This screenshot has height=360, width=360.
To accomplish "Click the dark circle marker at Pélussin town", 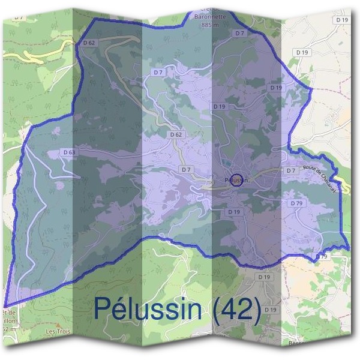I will pyautogui.click(x=236, y=180).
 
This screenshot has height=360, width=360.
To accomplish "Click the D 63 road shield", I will pyautogui.click(x=69, y=152).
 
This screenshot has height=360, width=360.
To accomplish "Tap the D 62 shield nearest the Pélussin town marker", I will pyautogui.click(x=176, y=135).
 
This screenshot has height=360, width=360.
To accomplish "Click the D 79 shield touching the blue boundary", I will pyautogui.click(x=322, y=257).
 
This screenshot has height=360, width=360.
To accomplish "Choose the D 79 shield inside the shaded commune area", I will pyautogui.click(x=296, y=203).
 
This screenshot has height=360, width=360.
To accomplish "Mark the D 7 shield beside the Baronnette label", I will pyautogui.click(x=240, y=33).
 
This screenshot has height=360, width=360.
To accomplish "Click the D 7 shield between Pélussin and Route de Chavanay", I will pyautogui.click(x=291, y=171).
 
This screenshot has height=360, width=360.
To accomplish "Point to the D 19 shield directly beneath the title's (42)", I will pyautogui.click(x=271, y=310).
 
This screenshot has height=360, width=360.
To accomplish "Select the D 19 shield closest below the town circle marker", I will pyautogui.click(x=234, y=212).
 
